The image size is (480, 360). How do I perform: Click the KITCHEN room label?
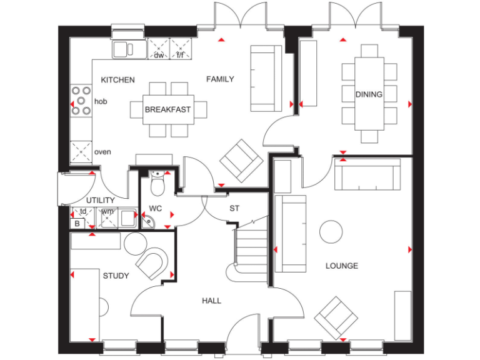point(117,80)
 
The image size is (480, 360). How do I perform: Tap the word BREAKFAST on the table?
point(167,109)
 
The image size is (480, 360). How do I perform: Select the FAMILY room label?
point(220,79)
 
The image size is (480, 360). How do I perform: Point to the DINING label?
point(369,94)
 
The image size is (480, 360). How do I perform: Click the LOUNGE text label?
point(341,266)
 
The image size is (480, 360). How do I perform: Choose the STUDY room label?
point(116,276)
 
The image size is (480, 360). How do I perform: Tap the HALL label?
point(211,301)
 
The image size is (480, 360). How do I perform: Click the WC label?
point(155,209)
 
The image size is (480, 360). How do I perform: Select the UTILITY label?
point(100,200)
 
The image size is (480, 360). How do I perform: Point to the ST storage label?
point(234,209)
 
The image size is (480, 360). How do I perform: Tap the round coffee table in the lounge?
point(331,232)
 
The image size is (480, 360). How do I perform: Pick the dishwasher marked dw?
point(159,47)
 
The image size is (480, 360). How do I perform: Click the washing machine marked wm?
point(107,216)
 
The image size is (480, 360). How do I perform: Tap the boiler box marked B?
point(77,222)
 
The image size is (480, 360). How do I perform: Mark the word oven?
point(102,152)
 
